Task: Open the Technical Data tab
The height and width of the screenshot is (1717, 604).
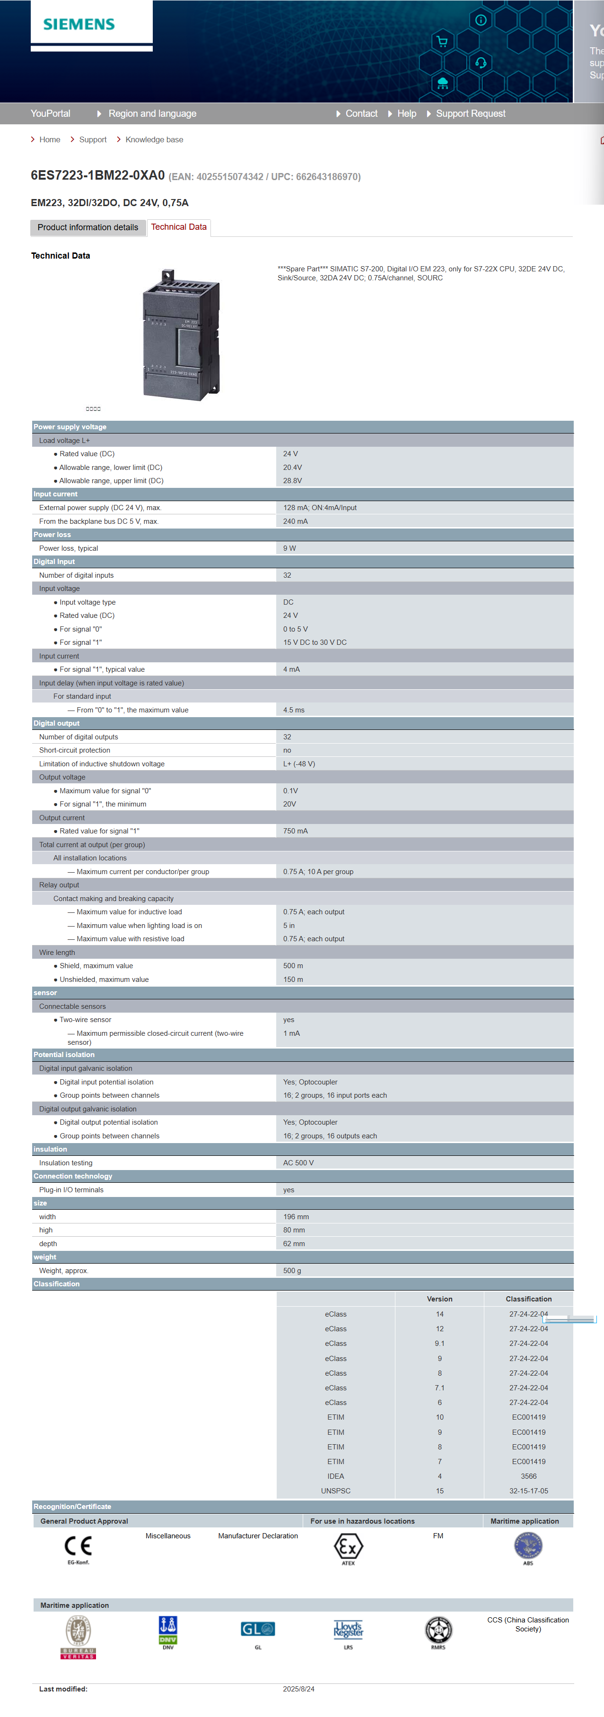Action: click(x=179, y=227)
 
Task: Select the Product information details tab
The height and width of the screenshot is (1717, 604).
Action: click(x=88, y=228)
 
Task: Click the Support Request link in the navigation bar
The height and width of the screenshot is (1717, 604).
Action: click(x=470, y=114)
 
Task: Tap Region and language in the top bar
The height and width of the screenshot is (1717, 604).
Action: click(x=152, y=114)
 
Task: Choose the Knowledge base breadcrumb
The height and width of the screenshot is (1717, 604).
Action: click(x=154, y=140)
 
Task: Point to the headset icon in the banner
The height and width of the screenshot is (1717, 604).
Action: click(x=481, y=63)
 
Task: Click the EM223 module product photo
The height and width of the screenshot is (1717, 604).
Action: click(x=181, y=335)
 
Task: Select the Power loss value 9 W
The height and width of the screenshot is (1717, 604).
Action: click(x=289, y=548)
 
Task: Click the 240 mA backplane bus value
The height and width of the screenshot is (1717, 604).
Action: click(x=295, y=522)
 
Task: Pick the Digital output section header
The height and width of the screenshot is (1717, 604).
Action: click(x=57, y=724)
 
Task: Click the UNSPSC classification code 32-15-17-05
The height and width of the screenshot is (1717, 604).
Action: click(x=528, y=1491)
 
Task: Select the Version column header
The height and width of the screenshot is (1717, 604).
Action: click(x=439, y=1299)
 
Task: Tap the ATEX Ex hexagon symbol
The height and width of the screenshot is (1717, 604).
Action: click(x=348, y=1546)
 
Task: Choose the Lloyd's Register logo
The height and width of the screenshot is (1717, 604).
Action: click(x=348, y=1630)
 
